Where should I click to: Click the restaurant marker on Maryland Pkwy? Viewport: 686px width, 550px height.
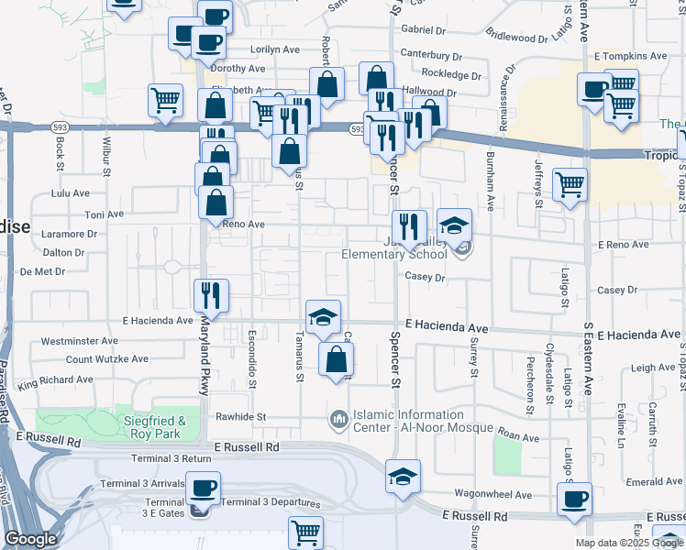tap(211, 295)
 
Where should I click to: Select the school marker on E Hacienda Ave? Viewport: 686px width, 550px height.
tap(323, 316)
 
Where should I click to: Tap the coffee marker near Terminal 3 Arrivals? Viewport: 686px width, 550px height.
tap(204, 488)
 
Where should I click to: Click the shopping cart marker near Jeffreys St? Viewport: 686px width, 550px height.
tap(570, 184)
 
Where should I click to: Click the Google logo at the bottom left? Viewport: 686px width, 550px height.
tap(30, 539)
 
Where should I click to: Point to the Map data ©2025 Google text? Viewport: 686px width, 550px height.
tap(629, 543)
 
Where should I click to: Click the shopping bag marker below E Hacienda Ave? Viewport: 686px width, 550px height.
tap(336, 359)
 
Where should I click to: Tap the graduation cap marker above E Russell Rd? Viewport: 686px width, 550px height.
tap(403, 476)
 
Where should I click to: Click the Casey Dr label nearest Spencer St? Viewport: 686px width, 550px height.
tap(425, 277)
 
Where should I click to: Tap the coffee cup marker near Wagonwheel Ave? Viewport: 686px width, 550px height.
tap(575, 499)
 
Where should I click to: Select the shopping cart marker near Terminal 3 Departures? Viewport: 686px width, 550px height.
tap(305, 532)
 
